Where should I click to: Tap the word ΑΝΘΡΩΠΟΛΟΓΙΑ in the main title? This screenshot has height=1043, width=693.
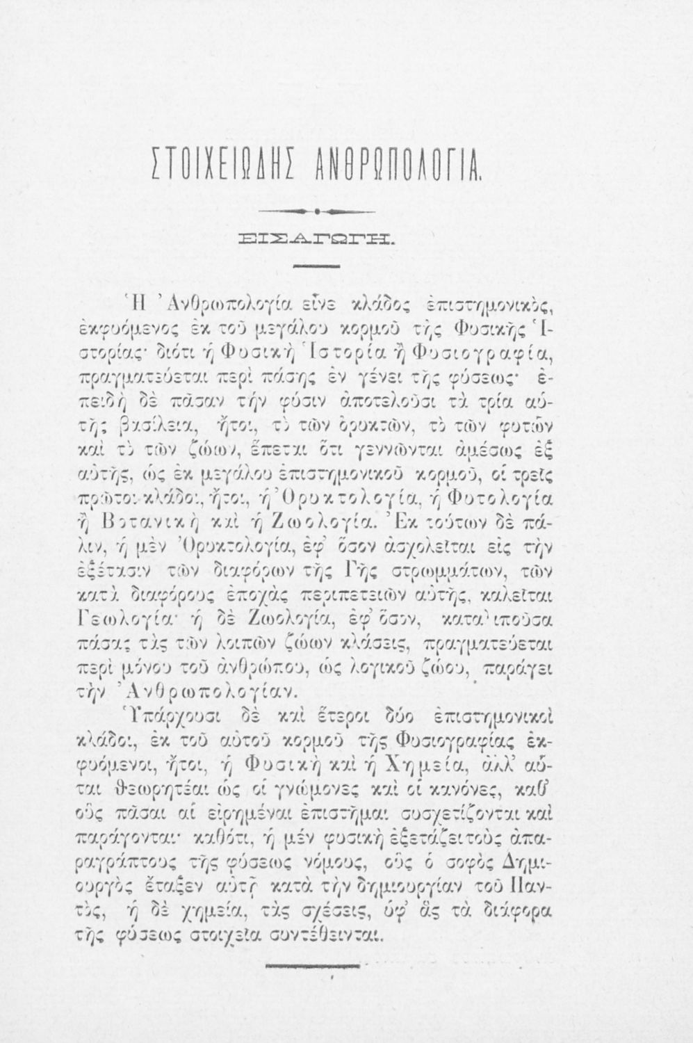(399, 168)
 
